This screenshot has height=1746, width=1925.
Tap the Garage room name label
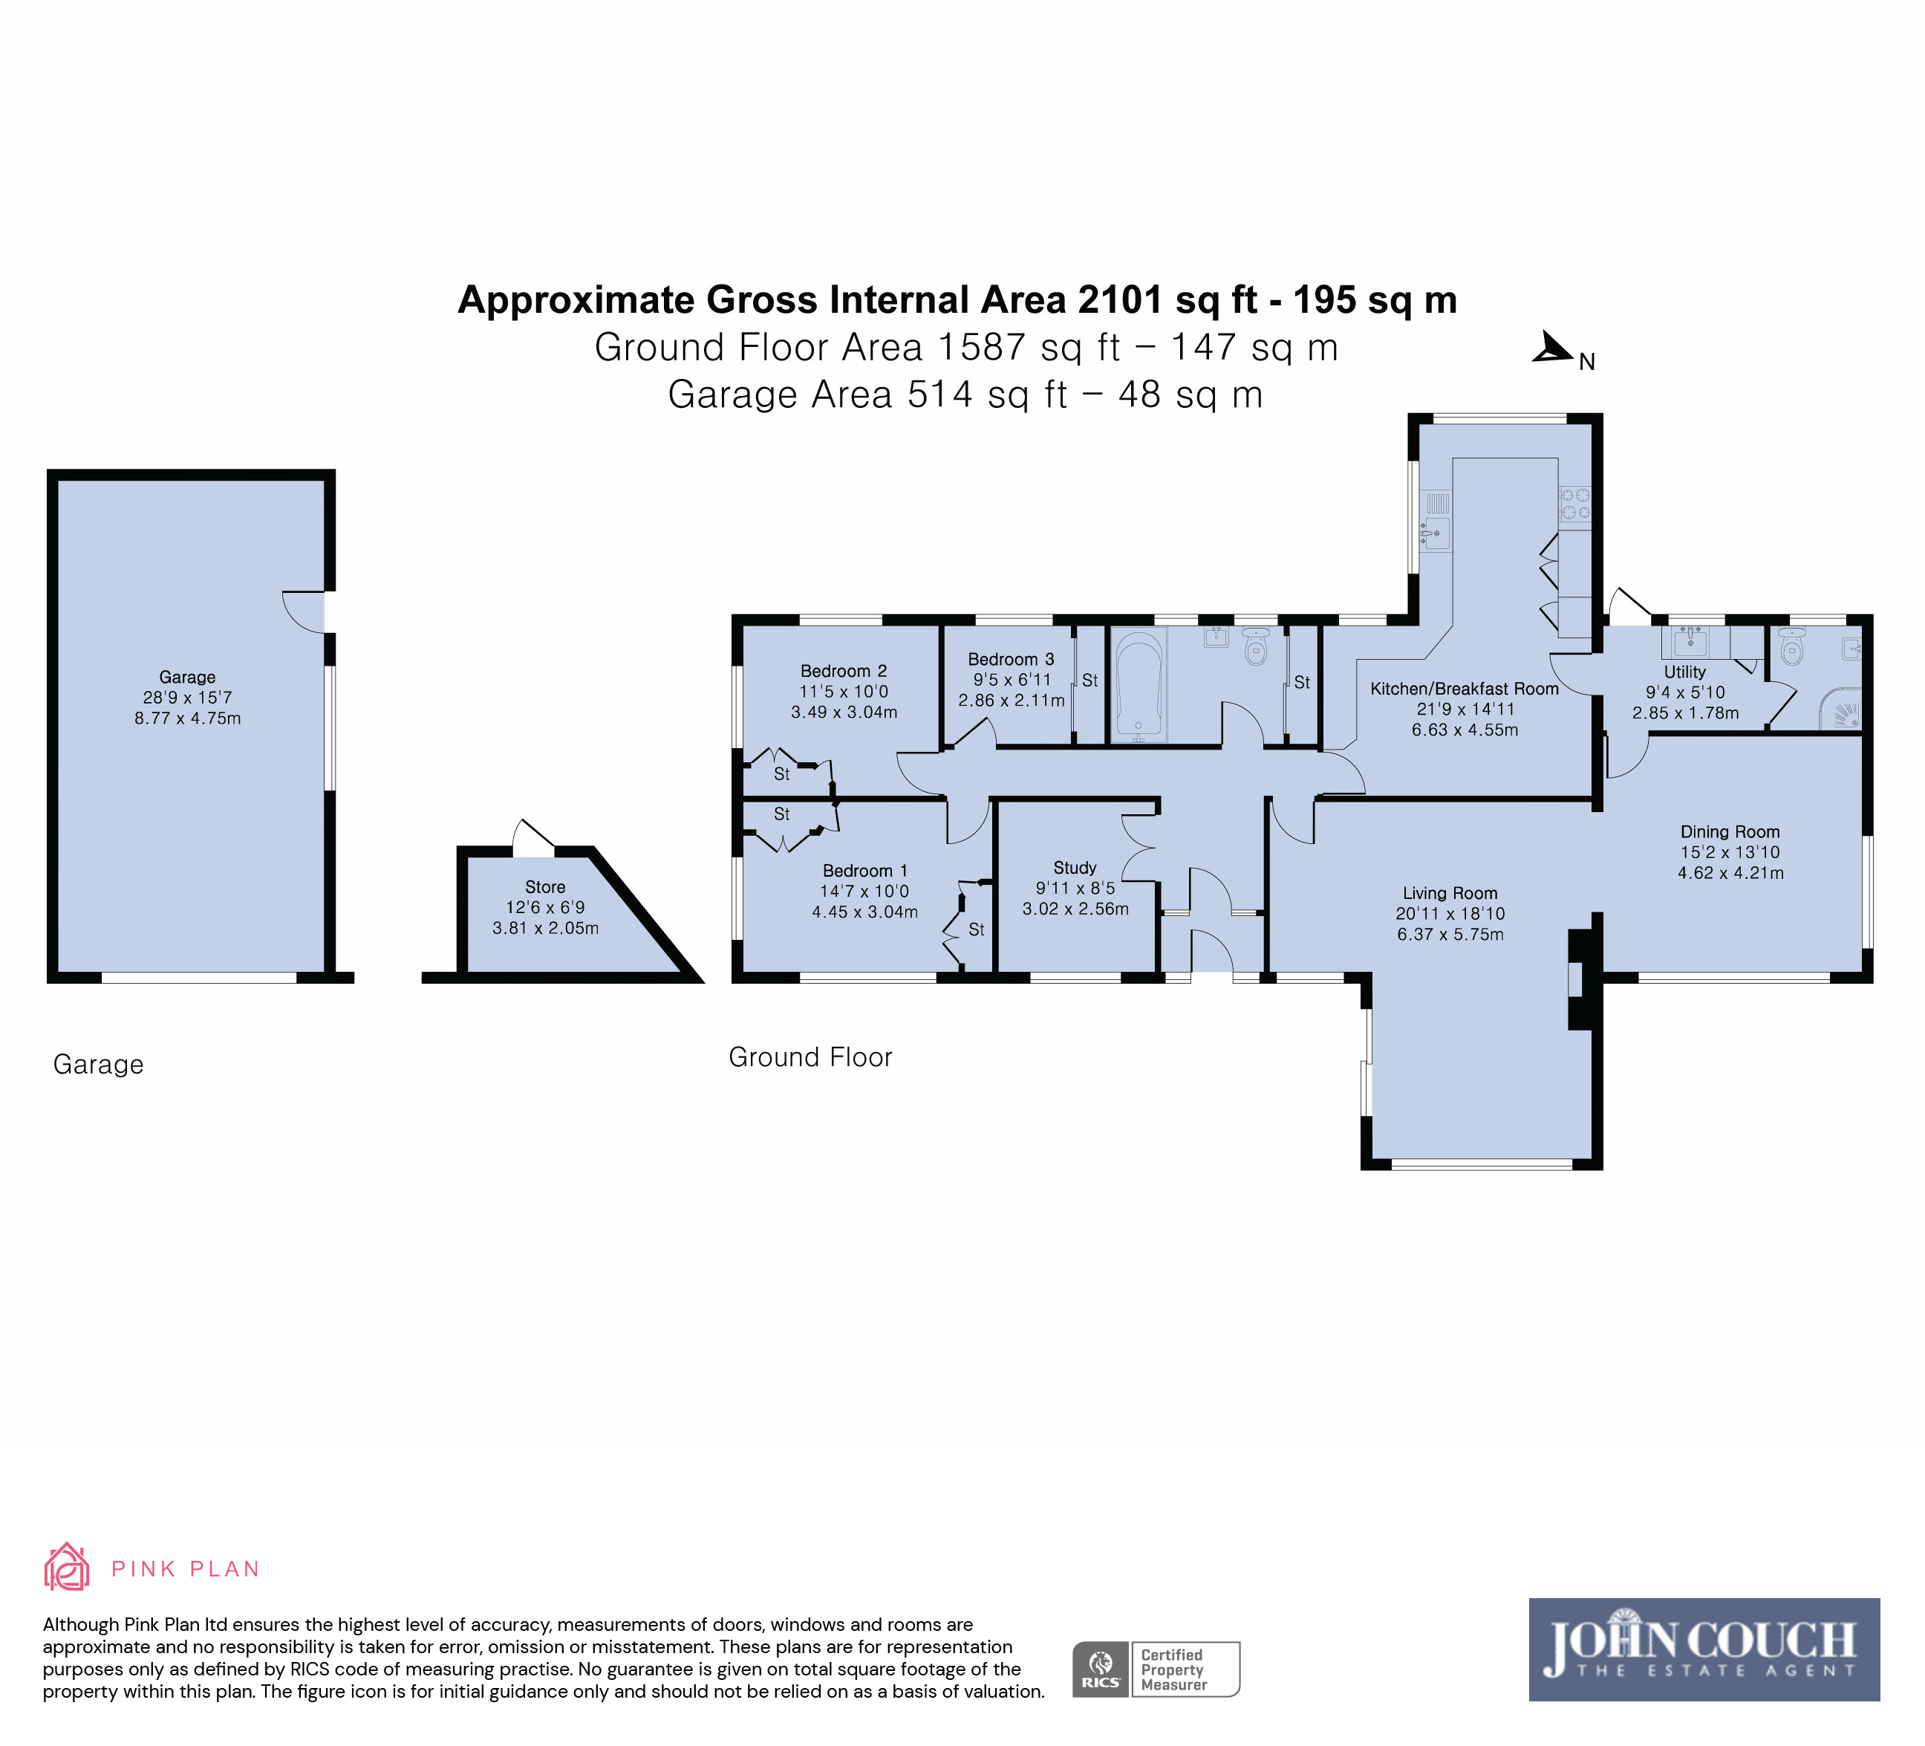pos(187,677)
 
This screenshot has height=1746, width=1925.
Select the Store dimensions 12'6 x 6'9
pos(545,907)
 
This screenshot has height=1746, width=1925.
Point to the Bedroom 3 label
pos(1012,659)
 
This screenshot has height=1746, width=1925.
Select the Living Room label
pos(1450,893)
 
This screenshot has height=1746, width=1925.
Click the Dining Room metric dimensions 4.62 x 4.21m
pos(1731,873)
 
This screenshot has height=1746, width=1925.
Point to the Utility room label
pos(1685,672)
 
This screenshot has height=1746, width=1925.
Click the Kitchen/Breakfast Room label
pos(1465,689)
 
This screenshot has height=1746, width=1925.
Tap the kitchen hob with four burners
pos(1574,504)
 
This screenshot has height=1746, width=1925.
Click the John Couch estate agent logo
pos(1704,1649)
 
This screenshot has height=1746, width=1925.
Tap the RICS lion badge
pos(1101,1669)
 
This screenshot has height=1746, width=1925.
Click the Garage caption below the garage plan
pos(98,1064)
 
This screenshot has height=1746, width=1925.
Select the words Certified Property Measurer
pos(1173,1669)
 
